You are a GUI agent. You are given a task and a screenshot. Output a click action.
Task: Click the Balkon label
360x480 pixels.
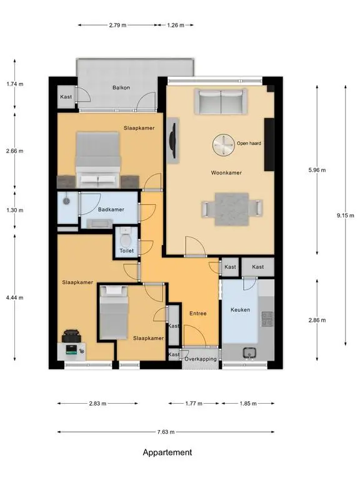click(121, 87)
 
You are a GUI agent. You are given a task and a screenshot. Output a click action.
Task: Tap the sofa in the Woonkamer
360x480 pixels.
click(221, 102)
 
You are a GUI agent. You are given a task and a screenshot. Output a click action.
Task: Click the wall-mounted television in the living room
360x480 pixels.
click(173, 141)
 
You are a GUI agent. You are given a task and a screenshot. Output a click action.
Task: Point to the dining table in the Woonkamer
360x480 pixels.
click(232, 209)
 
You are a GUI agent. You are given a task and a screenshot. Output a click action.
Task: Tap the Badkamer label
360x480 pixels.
click(111, 210)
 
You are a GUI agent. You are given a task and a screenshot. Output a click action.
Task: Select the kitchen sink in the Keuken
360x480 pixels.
click(250, 353)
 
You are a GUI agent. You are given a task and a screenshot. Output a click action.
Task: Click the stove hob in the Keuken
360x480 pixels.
click(267, 319)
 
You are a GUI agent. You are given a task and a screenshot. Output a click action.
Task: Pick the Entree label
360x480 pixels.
click(198, 314)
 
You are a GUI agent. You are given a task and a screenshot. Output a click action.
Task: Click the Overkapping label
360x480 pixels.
click(201, 359)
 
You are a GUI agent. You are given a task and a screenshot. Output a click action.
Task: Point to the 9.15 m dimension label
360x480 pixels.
click(346, 216)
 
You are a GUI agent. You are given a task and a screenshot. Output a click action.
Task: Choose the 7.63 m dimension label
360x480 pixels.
click(166, 432)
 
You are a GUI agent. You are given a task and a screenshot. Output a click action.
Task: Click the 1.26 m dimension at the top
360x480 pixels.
click(176, 25)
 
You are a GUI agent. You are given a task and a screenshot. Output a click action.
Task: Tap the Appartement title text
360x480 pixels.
click(167, 452)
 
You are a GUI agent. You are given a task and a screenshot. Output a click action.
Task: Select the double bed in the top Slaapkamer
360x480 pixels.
click(98, 160)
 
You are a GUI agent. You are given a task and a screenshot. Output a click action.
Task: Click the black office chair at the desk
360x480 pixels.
click(71, 336)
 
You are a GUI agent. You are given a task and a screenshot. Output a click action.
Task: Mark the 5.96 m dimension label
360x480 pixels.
click(317, 170)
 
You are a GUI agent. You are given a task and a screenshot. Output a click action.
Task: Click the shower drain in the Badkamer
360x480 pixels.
click(66, 201)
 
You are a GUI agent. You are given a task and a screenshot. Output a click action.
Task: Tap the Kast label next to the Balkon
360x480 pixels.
click(66, 97)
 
